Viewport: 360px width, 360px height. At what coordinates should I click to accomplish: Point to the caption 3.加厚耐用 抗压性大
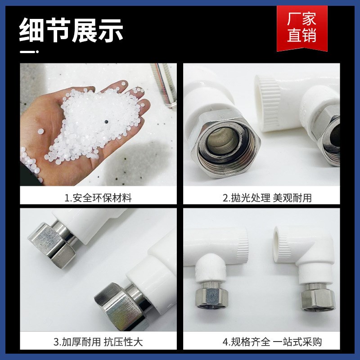[x=99, y=342]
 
